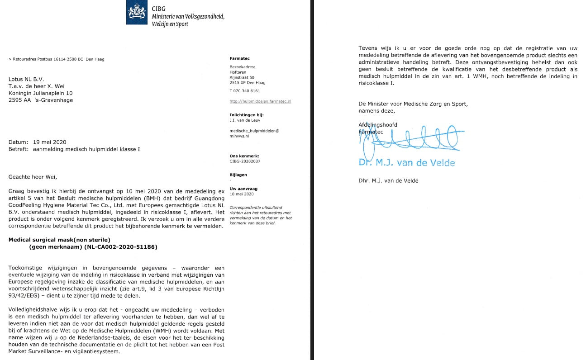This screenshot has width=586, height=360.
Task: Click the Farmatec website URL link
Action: tap(260, 101)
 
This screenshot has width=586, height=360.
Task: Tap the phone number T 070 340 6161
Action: tap(245, 91)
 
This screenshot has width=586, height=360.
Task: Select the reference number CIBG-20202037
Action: tap(245, 161)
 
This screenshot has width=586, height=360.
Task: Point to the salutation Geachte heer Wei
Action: tap(33, 177)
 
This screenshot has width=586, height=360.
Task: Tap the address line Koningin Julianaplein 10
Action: tap(40, 93)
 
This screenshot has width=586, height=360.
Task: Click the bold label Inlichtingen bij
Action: tap(247, 115)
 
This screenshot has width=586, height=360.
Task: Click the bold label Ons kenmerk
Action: tap(244, 156)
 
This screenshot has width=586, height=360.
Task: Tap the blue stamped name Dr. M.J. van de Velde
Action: tap(406, 163)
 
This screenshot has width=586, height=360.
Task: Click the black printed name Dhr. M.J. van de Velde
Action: tap(388, 181)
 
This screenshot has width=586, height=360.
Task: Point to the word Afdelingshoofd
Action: tap(378, 125)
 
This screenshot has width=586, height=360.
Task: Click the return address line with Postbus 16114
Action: tap(57, 59)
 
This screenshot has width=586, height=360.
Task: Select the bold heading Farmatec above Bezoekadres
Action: tap(239, 59)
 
